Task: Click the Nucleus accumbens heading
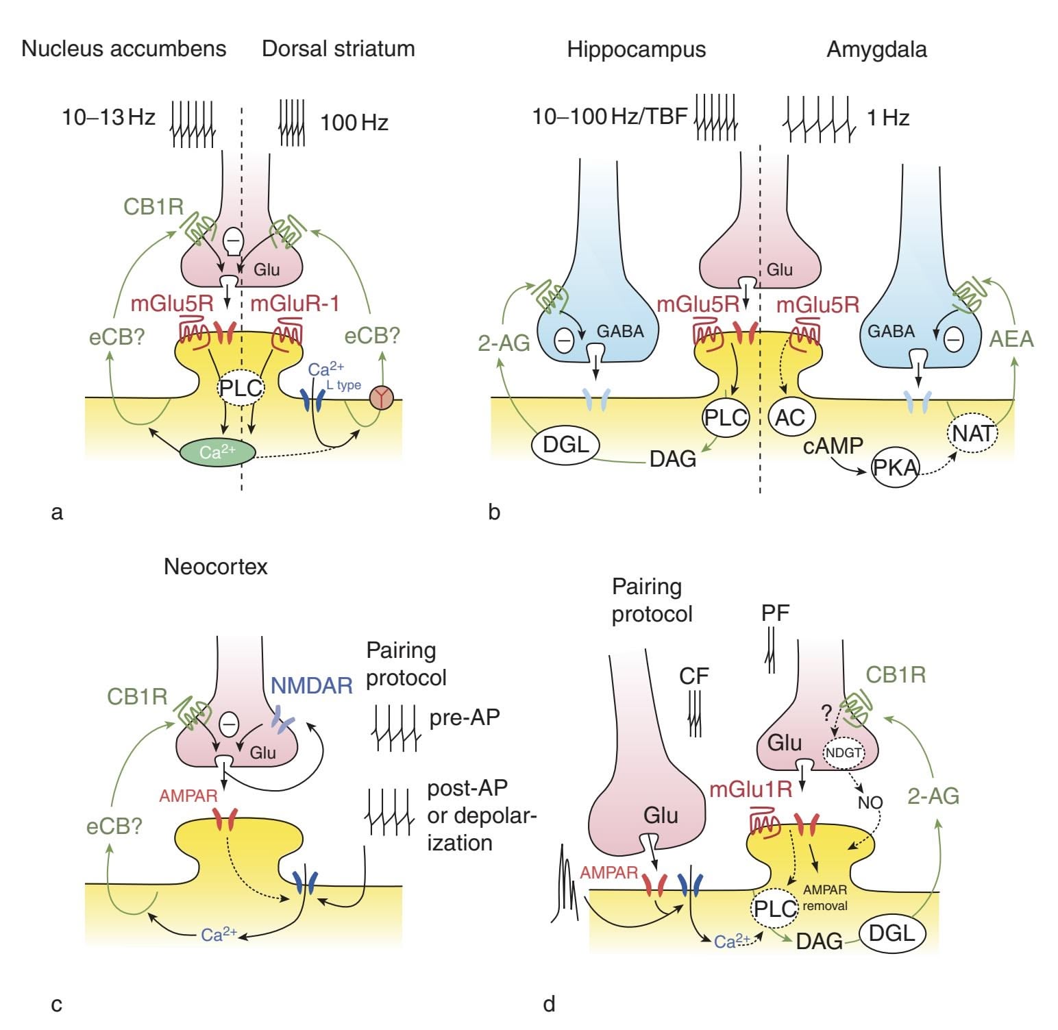point(124,49)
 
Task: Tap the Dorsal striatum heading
point(339,49)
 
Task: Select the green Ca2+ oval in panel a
point(217,452)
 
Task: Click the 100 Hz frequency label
point(354,123)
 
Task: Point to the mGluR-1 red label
point(295,303)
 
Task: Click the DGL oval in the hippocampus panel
point(566,445)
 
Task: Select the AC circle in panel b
point(790,417)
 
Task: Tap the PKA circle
point(895,467)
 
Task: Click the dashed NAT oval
point(972,433)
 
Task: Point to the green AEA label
point(1011,339)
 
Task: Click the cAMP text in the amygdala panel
point(833,446)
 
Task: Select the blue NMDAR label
point(312,685)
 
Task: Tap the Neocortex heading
point(215,567)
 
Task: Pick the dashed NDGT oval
point(844,752)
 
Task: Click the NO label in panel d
point(870,802)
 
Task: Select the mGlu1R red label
point(750,789)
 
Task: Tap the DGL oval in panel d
point(891,933)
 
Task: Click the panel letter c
point(57,1005)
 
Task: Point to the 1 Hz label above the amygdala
point(888,118)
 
